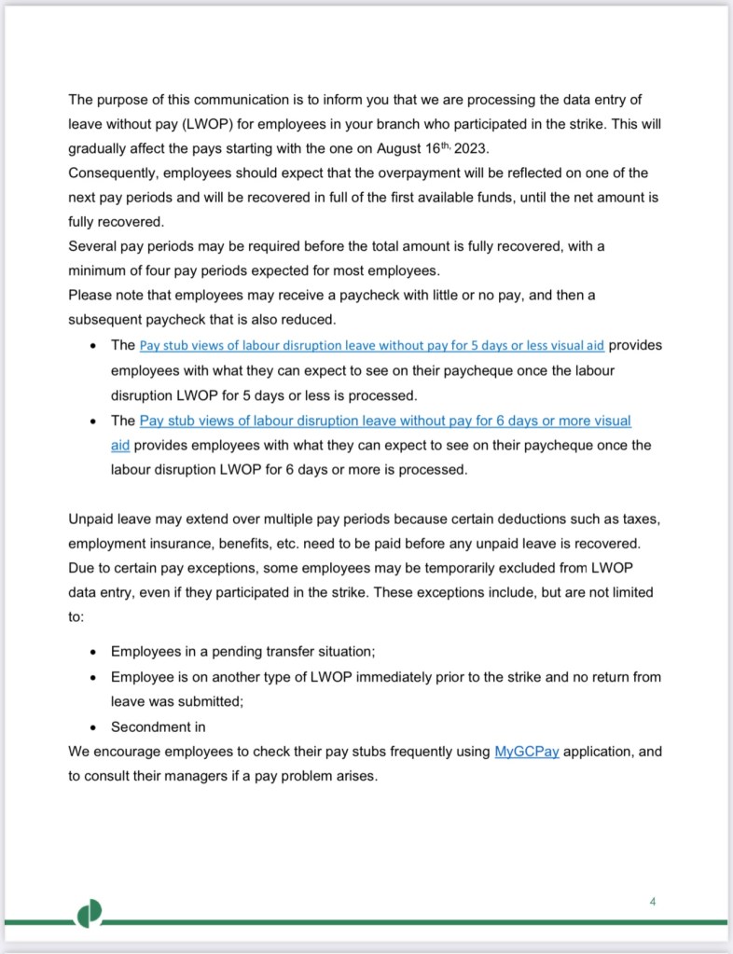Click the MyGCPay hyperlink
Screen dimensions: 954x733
(526, 752)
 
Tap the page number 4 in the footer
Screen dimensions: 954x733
(653, 901)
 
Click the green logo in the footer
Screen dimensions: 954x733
(89, 916)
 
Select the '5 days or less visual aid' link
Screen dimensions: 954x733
(373, 345)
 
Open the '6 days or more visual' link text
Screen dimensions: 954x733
(385, 421)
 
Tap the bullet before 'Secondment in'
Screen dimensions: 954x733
(93, 727)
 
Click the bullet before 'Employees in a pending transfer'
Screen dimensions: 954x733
(93, 652)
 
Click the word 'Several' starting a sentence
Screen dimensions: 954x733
(92, 246)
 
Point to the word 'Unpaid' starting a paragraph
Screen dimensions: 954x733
(91, 518)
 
